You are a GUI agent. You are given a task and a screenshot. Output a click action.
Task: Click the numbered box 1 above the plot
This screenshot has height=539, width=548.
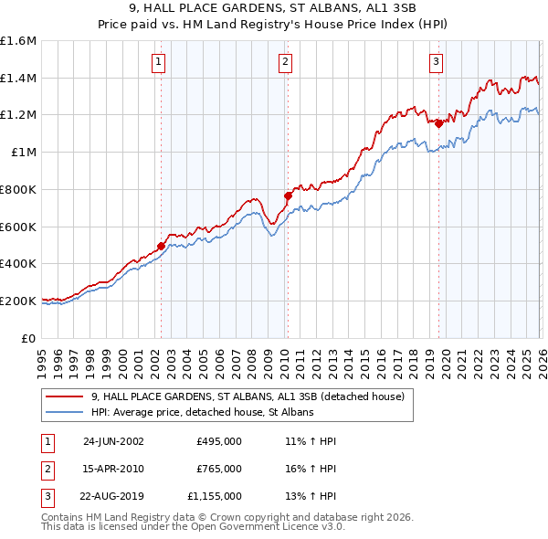pyautogui.click(x=159, y=62)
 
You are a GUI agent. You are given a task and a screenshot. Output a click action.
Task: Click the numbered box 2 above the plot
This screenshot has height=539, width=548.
pyautogui.click(x=285, y=62)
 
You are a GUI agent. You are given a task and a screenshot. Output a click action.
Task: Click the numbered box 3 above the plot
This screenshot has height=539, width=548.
pyautogui.click(x=436, y=62)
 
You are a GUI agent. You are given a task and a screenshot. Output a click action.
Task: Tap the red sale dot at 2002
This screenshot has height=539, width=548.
pyautogui.click(x=162, y=246)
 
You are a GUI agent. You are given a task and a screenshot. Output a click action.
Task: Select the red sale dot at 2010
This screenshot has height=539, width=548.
pyautogui.click(x=288, y=196)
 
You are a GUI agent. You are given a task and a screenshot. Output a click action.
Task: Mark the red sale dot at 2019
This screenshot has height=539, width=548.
pyautogui.click(x=438, y=123)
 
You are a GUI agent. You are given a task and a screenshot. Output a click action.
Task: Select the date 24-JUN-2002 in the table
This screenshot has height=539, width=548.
pyautogui.click(x=113, y=440)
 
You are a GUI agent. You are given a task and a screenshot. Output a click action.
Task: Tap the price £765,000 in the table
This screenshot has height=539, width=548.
pyautogui.click(x=219, y=469)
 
